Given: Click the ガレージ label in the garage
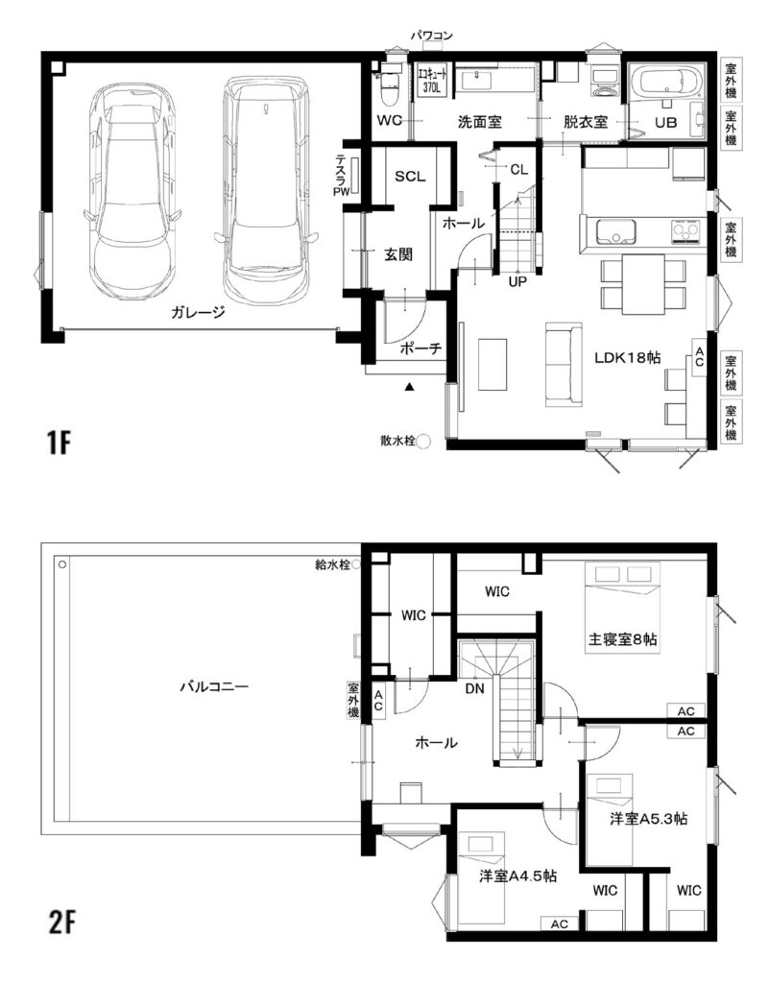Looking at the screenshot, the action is pos(198,312).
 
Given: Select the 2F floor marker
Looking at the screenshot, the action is pos(61,922).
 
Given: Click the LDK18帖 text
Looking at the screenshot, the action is pos(627,357).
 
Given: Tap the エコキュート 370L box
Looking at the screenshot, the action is pos(430,80).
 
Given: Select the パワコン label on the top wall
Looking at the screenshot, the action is pos(431,36).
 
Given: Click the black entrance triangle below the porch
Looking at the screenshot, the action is pos(410,387).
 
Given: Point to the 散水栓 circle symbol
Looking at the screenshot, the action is pos(423,442).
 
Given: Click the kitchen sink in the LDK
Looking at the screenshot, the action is pos(615,232).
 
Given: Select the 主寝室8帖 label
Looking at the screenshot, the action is pos(622,639).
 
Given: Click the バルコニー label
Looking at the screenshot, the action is pos(214,686).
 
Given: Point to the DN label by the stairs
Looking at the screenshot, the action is pos(474,689).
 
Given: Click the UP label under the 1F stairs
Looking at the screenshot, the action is pos(517,282).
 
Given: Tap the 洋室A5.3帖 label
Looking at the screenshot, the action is pos(649,819).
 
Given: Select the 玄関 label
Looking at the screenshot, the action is pos(398,254).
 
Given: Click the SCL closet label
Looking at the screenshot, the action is pos(410,177).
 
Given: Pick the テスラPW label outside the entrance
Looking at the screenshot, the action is pos(342,177).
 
